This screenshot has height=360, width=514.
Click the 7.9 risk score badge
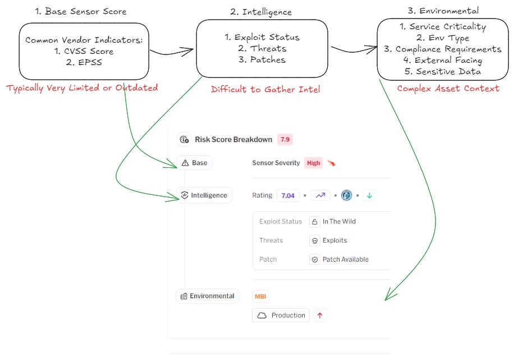coord(285,139)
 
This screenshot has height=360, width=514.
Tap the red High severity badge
coord(314,163)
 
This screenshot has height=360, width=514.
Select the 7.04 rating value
coord(288,195)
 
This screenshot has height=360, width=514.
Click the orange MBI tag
coord(260,296)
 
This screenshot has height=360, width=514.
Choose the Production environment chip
coord(281,315)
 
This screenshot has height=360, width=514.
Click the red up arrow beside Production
coord(320,315)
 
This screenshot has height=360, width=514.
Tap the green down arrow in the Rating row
coord(370,195)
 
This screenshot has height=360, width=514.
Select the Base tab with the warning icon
coord(194,163)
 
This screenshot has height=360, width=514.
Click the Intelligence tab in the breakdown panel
coord(204,195)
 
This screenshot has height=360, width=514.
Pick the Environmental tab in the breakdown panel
coord(208,296)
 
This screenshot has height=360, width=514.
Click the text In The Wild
coord(339,221)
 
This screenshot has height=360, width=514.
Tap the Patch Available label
coord(345,259)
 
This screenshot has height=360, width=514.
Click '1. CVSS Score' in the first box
coord(84,52)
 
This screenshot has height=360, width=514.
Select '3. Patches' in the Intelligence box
coord(261,60)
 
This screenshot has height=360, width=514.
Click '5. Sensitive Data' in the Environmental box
coord(440,71)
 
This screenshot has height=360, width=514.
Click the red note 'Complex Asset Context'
coord(448,88)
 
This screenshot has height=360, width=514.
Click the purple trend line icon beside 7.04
coord(320,195)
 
